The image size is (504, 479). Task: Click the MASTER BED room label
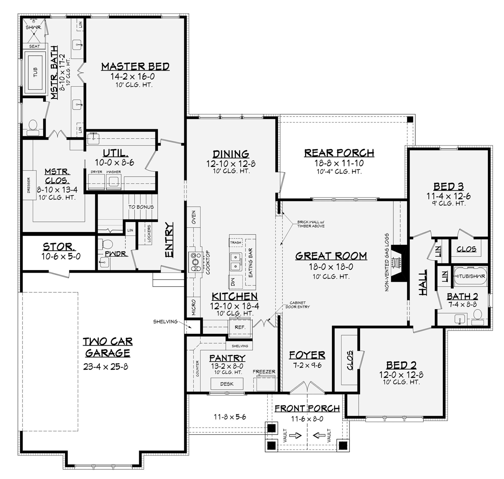[135, 67]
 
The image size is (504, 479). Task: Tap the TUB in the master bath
[35, 72]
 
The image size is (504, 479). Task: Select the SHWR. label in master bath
[34, 27]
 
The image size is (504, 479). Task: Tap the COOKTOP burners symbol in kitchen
[196, 262]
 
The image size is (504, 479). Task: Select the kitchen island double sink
[236, 262]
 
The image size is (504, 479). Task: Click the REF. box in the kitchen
[240, 327]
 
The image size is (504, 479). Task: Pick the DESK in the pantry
[227, 384]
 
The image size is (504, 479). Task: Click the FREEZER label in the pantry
[264, 372]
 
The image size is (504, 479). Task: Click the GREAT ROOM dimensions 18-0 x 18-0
[331, 267]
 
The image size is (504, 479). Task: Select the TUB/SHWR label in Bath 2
[472, 276]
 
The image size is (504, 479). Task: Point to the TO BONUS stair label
[141, 207]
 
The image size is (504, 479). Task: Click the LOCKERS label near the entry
[149, 233]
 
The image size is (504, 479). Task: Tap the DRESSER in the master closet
[29, 185]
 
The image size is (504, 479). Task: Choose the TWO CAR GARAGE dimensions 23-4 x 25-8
[105, 367]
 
